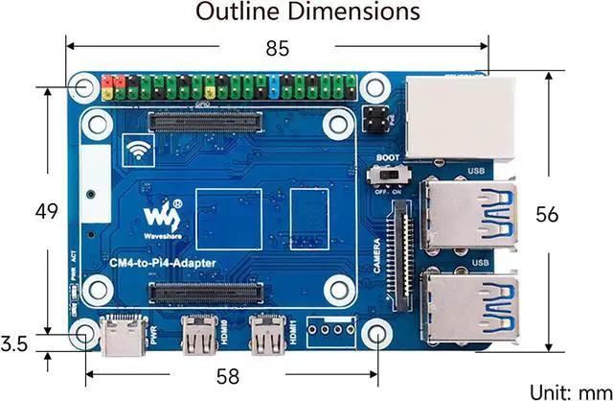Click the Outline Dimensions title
pos(307,12)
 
